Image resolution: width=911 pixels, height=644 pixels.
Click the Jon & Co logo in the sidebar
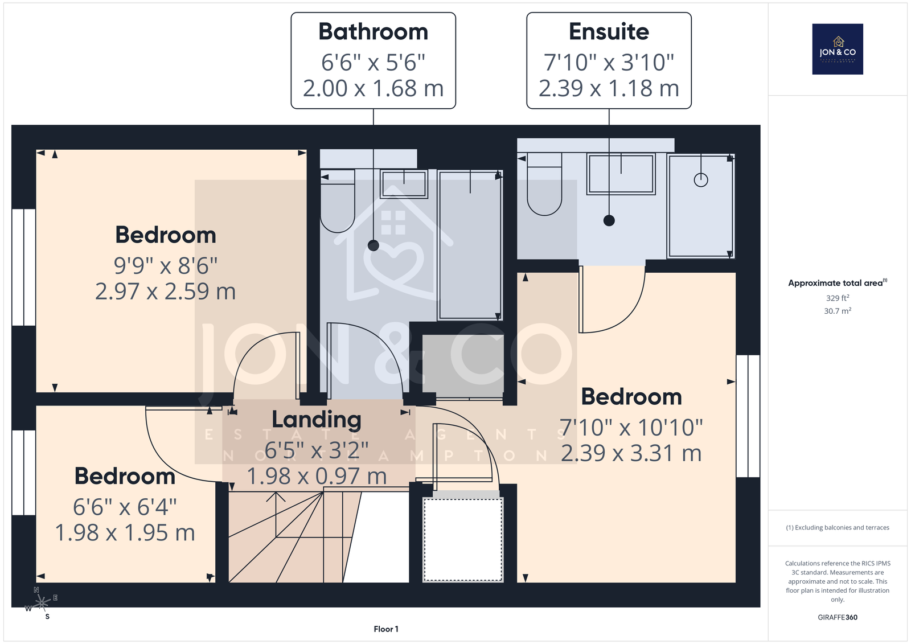(x=838, y=49)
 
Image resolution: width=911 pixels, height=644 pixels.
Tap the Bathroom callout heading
(x=373, y=31)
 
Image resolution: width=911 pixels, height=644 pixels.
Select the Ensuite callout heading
(x=609, y=31)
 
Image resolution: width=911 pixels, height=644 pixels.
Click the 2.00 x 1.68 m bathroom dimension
(x=373, y=88)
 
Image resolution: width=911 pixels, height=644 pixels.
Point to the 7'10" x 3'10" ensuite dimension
(x=609, y=62)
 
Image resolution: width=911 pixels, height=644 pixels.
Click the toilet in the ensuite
(x=544, y=185)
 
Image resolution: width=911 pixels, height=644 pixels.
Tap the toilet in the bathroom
(x=338, y=202)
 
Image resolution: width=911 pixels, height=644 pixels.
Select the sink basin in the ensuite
(x=621, y=174)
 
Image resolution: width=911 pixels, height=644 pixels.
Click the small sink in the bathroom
(x=404, y=184)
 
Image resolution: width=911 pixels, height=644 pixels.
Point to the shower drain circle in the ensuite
(x=701, y=180)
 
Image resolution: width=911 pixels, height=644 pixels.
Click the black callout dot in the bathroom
(x=374, y=245)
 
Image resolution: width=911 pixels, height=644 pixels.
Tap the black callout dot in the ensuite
(x=609, y=220)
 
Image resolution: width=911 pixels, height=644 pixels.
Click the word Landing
(x=317, y=420)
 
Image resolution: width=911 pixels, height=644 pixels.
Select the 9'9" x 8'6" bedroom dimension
(x=165, y=266)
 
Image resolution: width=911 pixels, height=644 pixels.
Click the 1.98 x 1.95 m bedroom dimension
(x=125, y=532)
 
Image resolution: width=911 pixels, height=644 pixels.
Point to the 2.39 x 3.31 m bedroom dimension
(x=631, y=453)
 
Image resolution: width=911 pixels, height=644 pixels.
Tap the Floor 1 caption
(x=386, y=629)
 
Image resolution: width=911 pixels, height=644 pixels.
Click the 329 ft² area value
(x=838, y=298)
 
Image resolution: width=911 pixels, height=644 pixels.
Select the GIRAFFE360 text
(x=838, y=617)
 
